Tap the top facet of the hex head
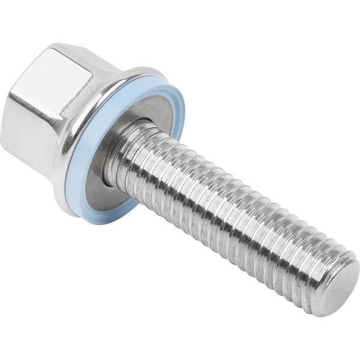pyautogui.click(x=66, y=60)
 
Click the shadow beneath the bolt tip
pyautogui.click(x=324, y=321)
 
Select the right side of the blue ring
pyautogui.click(x=176, y=120)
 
